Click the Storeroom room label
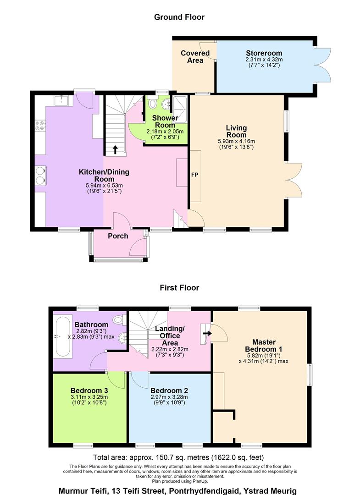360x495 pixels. [264, 53]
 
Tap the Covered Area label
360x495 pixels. [195, 57]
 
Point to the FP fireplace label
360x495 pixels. [195, 175]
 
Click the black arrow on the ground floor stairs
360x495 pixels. [115, 149]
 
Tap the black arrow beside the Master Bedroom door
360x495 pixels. [207, 333]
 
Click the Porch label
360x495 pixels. [118, 236]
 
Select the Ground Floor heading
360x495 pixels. [179, 17]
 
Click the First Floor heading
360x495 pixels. [179, 287]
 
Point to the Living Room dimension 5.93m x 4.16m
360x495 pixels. [236, 141]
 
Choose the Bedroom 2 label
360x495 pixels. [169, 390]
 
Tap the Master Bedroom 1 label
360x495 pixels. [264, 346]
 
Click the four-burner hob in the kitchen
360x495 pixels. [40, 125]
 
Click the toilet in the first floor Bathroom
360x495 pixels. [119, 320]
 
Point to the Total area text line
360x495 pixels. [178, 457]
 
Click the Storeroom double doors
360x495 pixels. [322, 65]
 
